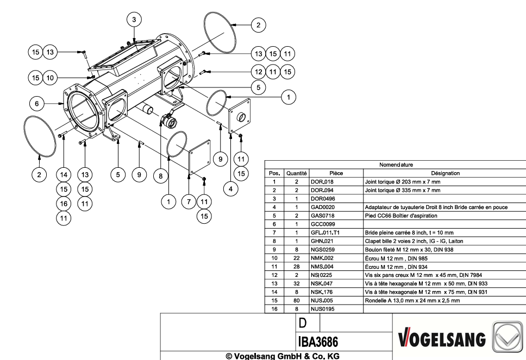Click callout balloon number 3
[134, 20]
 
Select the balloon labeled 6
[37, 104]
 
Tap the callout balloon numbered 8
[161, 176]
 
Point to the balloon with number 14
[64, 175]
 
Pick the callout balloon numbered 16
[64, 204]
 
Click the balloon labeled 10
[50, 78]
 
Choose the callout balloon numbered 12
[258, 72]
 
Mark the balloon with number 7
[189, 201]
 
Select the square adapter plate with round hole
[239, 116]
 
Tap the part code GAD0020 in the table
[322, 207]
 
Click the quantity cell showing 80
[296, 300]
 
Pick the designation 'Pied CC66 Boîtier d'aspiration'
[401, 216]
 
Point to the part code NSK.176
[322, 292]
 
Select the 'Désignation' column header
[445, 173]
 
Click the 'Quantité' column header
[296, 173]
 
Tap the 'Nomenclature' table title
[396, 165]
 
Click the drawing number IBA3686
[318, 342]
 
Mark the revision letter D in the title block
[302, 323]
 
